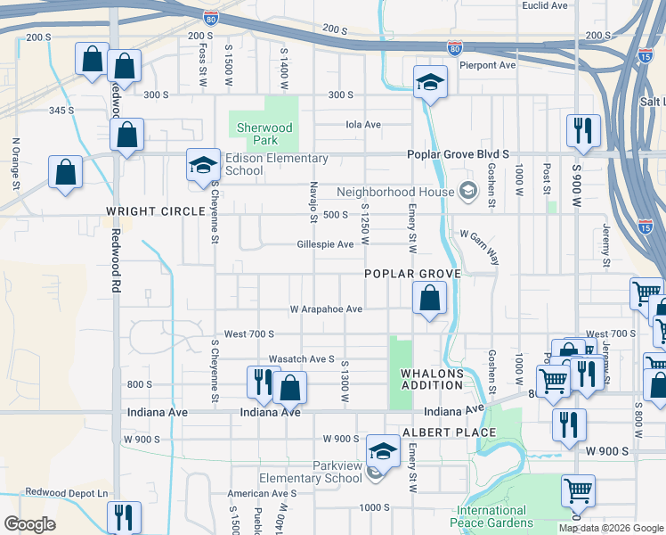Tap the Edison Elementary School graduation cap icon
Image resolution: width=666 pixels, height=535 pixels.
[x=203, y=166]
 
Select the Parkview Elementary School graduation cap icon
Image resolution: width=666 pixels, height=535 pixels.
[x=383, y=452]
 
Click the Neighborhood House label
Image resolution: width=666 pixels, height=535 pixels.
[x=394, y=192]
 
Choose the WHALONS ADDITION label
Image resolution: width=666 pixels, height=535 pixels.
[x=432, y=378]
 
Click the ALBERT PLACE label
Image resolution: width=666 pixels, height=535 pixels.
[x=449, y=432]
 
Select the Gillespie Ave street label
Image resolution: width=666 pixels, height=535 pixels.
[x=325, y=244]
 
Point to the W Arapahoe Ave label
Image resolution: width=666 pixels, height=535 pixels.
[x=326, y=309]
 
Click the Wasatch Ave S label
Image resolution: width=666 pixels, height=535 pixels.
[x=301, y=358]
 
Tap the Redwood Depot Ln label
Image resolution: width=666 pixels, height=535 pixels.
[x=66, y=492]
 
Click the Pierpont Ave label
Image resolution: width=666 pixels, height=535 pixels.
[x=494, y=65]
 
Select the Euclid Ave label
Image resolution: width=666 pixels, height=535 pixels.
[x=545, y=5]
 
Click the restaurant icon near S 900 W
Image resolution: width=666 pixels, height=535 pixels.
[x=583, y=130]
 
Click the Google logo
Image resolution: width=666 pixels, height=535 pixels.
[x=29, y=524]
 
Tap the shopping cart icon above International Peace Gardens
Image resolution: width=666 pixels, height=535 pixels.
[x=578, y=490]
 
